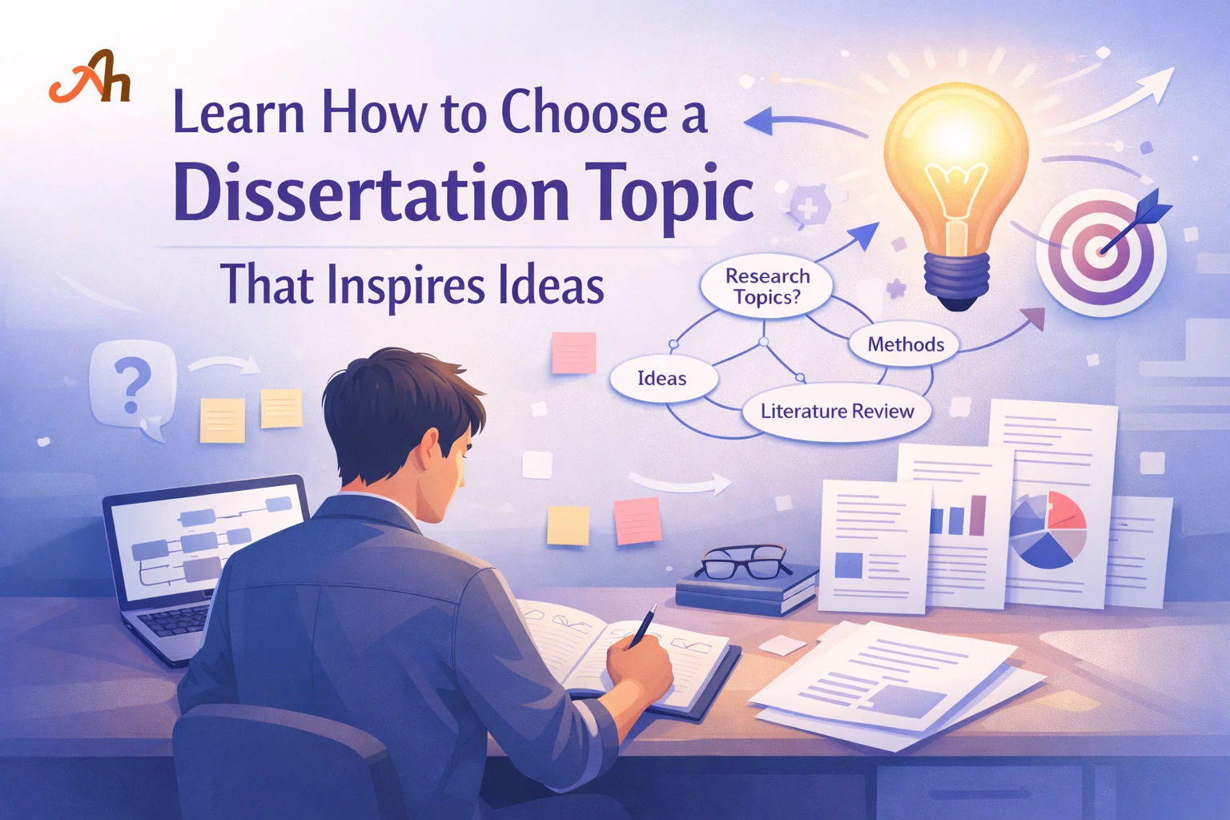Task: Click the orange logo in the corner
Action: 90,78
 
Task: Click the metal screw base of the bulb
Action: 957,276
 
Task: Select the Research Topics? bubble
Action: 766,287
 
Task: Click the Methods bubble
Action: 906,344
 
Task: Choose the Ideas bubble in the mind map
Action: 661,379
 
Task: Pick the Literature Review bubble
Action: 837,412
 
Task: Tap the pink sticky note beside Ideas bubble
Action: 573,352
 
